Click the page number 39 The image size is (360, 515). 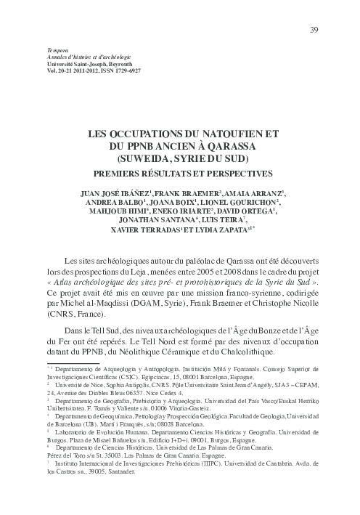(314, 30)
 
